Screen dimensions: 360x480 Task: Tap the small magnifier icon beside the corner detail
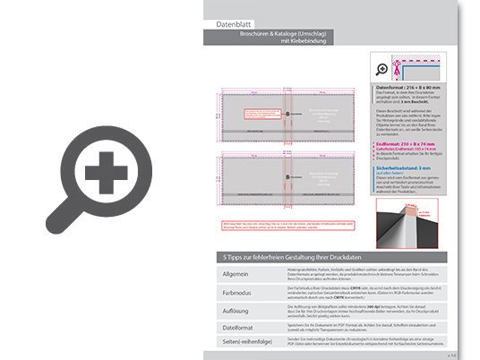[383, 69]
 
